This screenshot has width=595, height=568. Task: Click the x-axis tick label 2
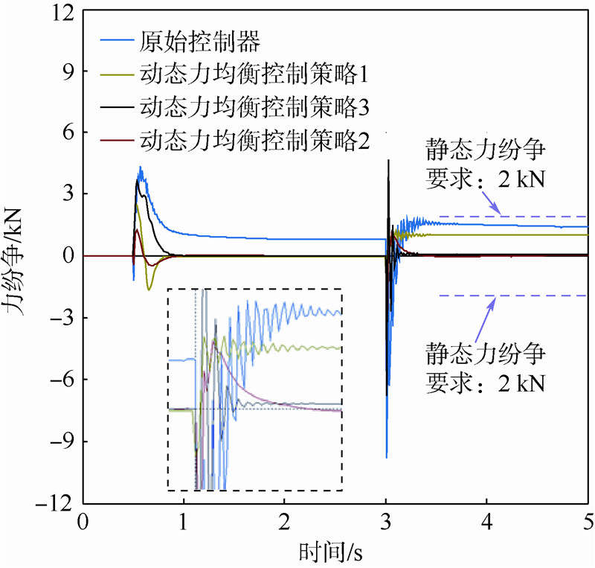[284, 520]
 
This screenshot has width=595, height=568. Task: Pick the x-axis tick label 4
[486, 520]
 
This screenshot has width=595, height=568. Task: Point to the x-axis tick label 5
[587, 520]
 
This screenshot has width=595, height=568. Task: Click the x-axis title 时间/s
[331, 552]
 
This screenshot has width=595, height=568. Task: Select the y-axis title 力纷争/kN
[19, 256]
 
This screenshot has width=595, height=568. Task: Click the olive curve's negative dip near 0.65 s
[149, 289]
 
